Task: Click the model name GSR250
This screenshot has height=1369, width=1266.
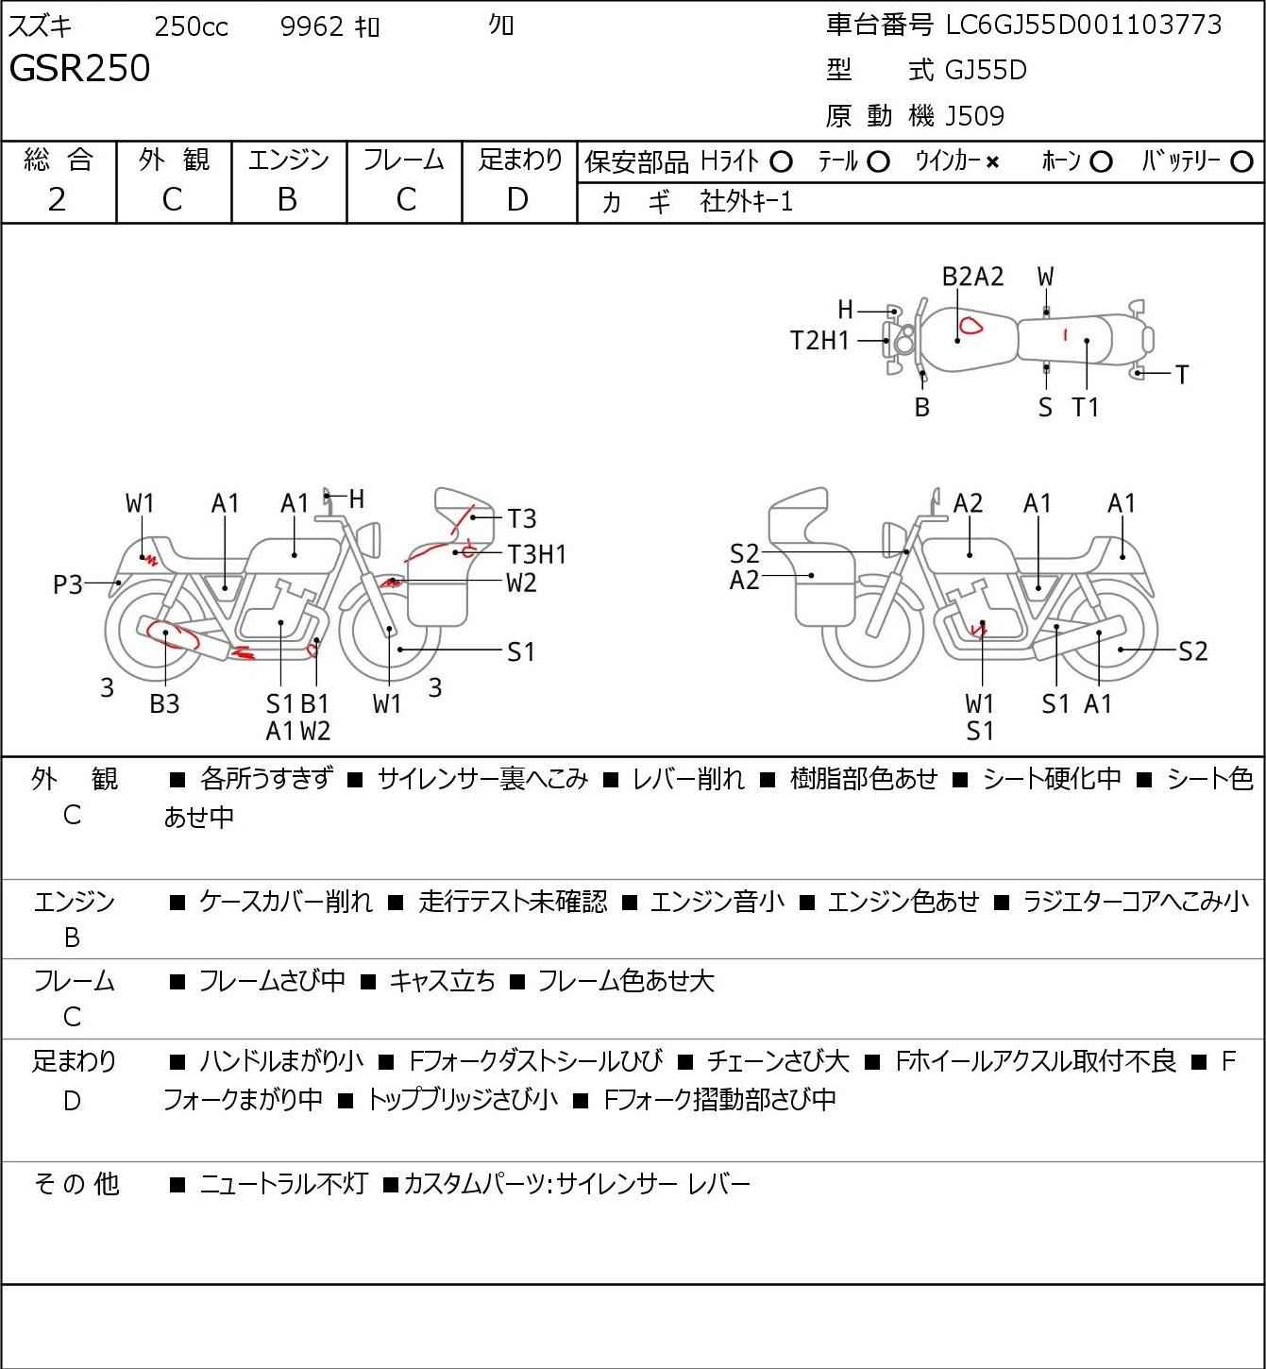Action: click(79, 68)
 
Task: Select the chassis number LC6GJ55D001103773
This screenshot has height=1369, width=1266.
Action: click(1083, 25)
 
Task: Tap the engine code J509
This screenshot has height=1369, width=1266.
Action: click(974, 116)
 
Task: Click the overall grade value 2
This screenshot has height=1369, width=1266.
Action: click(58, 200)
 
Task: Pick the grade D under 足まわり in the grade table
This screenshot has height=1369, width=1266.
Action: click(518, 200)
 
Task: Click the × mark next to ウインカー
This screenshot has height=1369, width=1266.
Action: click(992, 162)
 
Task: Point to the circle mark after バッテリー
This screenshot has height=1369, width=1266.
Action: click(1241, 162)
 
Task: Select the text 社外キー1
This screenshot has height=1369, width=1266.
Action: click(746, 202)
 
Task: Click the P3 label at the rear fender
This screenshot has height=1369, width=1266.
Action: click(68, 584)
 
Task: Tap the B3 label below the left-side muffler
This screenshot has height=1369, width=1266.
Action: click(164, 703)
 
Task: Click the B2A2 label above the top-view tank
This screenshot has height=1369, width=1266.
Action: click(973, 277)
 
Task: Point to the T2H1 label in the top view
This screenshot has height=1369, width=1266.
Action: click(819, 341)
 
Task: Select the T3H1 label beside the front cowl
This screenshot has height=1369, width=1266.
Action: click(536, 554)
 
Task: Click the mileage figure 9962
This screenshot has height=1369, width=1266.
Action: click(312, 26)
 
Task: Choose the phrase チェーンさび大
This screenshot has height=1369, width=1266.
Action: click(778, 1061)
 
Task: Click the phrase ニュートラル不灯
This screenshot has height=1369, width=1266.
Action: click(283, 1184)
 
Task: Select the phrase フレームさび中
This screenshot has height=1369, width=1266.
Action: click(272, 980)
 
